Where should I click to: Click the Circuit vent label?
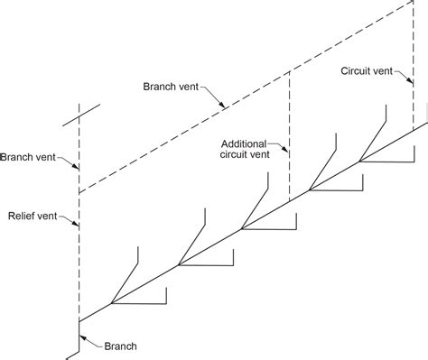pos(367,71)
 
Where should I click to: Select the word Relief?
pos(21,216)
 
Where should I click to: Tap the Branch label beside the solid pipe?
pos(120,346)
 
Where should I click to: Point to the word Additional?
pos(244,144)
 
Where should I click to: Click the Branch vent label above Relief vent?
pos(28,157)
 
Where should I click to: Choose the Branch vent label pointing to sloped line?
pos(171,87)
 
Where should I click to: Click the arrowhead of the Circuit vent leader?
pos(410,80)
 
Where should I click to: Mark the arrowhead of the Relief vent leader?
pos(76,224)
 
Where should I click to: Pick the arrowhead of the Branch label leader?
pos(82,337)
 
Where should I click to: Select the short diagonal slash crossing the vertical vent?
pos(81,115)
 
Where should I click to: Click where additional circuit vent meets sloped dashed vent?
pos(289,71)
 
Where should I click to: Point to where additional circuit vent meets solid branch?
pos(289,202)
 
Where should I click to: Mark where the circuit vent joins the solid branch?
pos(413,131)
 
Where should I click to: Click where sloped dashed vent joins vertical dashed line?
pos(79,193)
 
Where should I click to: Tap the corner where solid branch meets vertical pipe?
pos(79,322)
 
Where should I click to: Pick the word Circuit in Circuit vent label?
pos(355,71)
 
